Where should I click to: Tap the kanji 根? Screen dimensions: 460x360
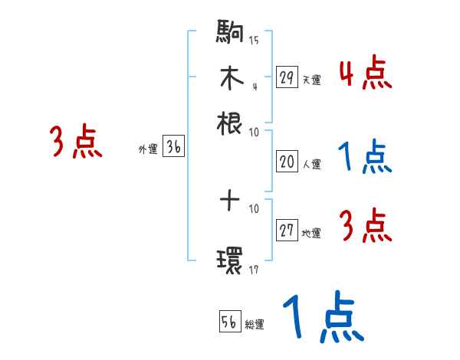pos(231,123)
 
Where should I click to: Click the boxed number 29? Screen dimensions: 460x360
pos(287,77)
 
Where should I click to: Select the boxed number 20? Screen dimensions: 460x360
pos(287,161)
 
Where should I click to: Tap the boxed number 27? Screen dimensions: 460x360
pos(287,231)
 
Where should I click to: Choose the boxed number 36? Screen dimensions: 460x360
pos(173,148)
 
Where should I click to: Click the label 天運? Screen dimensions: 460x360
pos(311,80)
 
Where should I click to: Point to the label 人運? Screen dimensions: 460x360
pos(311,164)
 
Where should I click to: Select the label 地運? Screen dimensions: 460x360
pos(311,234)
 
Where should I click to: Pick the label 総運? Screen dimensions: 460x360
pos(255,325)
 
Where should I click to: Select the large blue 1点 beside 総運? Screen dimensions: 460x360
pos(322,317)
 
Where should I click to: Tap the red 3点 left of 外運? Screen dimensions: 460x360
pos(76,143)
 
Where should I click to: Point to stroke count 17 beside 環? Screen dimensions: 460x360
pos(254,270)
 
